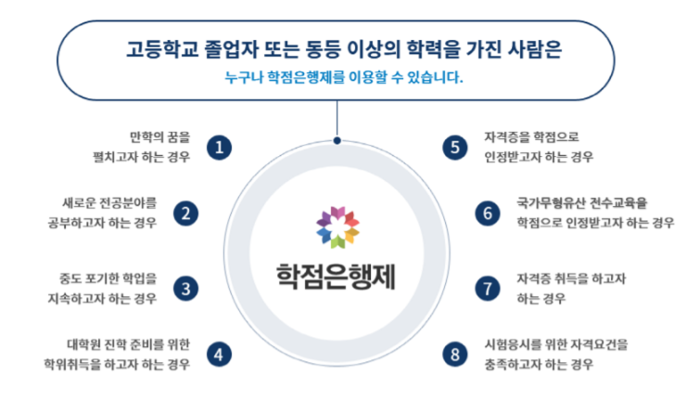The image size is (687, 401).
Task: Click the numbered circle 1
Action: point(219,148)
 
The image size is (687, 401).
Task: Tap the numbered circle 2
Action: point(185,213)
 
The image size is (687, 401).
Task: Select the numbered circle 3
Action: point(185,289)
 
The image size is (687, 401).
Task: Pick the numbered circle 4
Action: point(219,355)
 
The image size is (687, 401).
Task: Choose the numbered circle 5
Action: point(455,148)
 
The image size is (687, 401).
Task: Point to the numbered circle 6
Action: point(488,213)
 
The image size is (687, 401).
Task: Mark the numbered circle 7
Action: point(488,289)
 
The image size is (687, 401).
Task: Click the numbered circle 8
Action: point(455,355)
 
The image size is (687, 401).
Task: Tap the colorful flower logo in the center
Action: point(337,227)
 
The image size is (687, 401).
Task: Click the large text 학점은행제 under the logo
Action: point(336,277)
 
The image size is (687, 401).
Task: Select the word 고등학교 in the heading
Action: point(162,48)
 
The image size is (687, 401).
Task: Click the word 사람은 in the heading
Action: point(535,48)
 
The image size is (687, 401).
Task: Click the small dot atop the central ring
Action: point(337,140)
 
